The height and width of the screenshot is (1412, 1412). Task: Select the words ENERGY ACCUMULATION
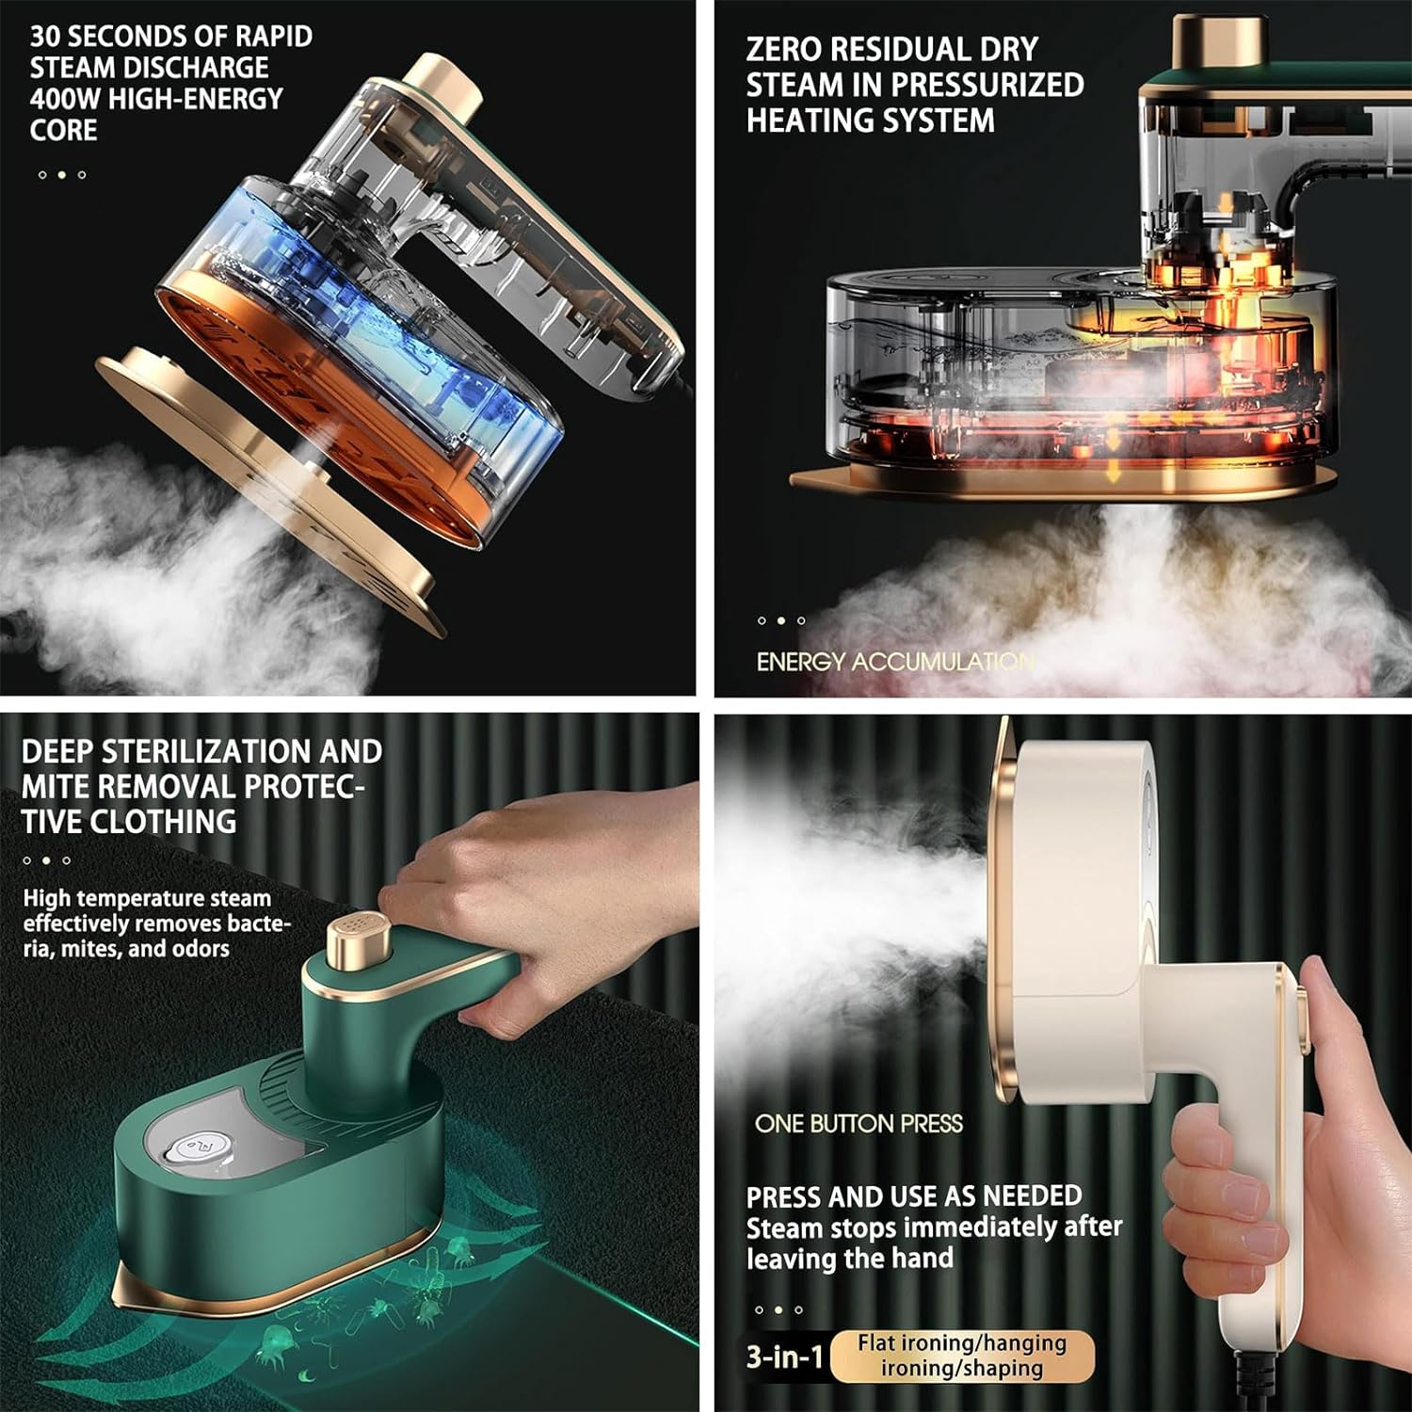[x=895, y=662]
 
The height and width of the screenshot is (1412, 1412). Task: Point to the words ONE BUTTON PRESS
[x=858, y=1123]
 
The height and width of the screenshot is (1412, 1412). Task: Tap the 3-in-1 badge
[x=785, y=1356]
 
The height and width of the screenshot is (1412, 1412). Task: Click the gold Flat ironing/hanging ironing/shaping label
[x=962, y=1356]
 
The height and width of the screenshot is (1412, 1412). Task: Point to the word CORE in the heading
[x=63, y=130]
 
